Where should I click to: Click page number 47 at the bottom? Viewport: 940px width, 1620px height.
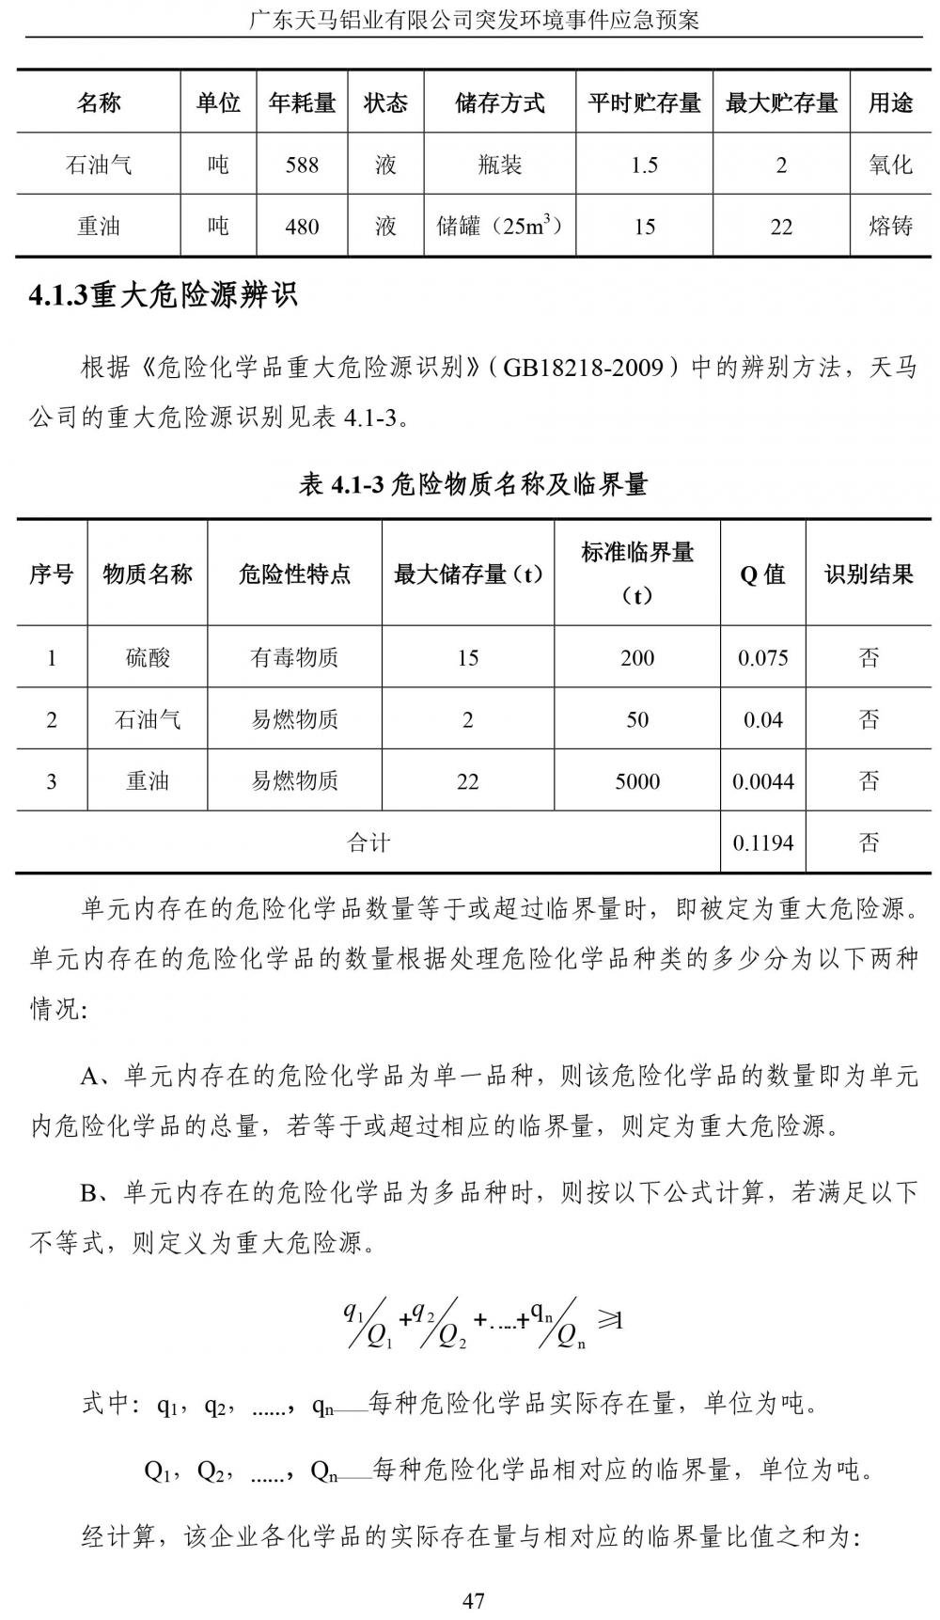tap(473, 1600)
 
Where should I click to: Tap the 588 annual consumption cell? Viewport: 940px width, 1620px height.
tap(302, 165)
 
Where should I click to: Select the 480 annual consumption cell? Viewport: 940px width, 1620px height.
tap(302, 227)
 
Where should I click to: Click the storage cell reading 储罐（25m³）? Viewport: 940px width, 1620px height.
tap(499, 226)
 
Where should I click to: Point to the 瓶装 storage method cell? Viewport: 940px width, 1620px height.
tap(499, 165)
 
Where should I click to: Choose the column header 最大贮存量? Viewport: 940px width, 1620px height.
tap(781, 102)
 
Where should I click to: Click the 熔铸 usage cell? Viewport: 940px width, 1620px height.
tap(890, 227)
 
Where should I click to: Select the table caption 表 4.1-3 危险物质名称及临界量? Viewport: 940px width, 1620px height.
tap(473, 484)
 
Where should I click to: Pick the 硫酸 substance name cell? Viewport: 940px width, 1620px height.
tap(148, 657)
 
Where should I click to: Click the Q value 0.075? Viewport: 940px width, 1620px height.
tap(762, 657)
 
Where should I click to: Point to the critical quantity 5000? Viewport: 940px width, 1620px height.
tap(637, 780)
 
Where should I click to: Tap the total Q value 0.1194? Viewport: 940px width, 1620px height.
tap(762, 842)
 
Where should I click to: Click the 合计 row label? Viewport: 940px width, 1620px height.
tap(368, 842)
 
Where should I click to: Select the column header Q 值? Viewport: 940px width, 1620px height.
tap(762, 574)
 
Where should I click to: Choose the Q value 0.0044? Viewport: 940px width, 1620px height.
tap(762, 780)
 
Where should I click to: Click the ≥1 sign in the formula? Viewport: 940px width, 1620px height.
tap(610, 1320)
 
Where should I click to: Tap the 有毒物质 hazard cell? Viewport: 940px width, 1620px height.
tap(294, 657)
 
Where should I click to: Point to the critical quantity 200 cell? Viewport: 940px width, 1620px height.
tap(637, 657)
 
